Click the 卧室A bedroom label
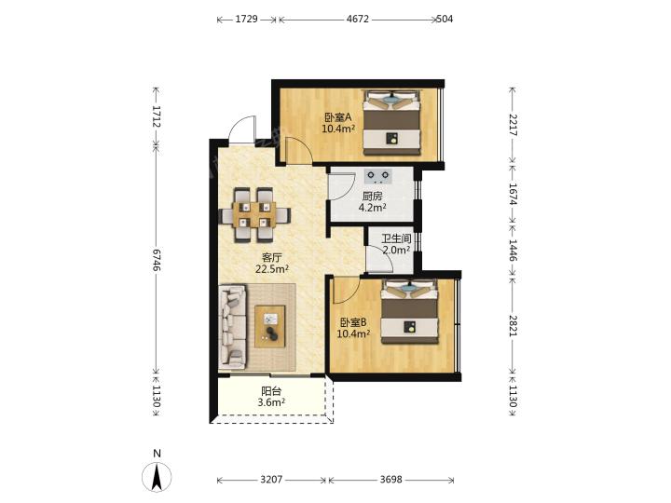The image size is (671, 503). pyautogui.click(x=338, y=116)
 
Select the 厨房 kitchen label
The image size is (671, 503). pyautogui.click(x=372, y=197)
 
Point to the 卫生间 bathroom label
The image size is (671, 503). pyautogui.click(x=396, y=238)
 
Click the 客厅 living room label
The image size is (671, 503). pyautogui.click(x=272, y=257)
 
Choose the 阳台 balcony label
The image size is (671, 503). pyautogui.click(x=271, y=391)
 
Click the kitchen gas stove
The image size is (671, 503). pyautogui.click(x=378, y=176)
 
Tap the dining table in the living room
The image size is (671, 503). pyautogui.click(x=255, y=215)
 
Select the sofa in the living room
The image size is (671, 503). pyautogui.click(x=232, y=327)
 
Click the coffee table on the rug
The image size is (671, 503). pyautogui.click(x=270, y=326)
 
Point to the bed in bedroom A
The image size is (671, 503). pyautogui.click(x=392, y=122)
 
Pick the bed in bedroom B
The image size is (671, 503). pyautogui.click(x=410, y=311)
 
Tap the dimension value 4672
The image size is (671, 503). pyautogui.click(x=357, y=20)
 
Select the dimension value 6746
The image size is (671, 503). pyautogui.click(x=157, y=260)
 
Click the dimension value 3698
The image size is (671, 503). pyautogui.click(x=391, y=480)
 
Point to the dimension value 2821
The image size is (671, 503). pyautogui.click(x=514, y=326)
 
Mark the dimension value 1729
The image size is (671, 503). pyautogui.click(x=246, y=20)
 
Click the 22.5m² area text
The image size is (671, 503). pyautogui.click(x=272, y=269)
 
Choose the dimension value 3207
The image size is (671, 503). pyautogui.click(x=271, y=480)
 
